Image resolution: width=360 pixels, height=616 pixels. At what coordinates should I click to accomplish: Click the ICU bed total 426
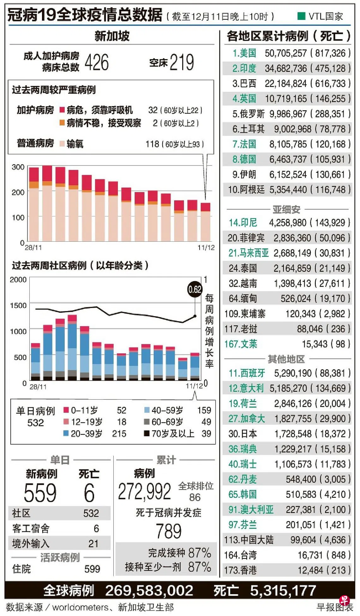click(97, 62)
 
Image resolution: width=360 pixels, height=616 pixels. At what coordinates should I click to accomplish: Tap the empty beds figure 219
click(182, 62)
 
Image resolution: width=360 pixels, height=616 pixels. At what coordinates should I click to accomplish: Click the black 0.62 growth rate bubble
click(195, 289)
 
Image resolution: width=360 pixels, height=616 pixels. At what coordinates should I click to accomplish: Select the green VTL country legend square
click(301, 16)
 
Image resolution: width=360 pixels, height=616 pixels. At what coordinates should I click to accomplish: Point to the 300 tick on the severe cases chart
click(18, 167)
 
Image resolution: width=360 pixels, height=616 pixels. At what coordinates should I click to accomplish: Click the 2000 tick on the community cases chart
click(18, 280)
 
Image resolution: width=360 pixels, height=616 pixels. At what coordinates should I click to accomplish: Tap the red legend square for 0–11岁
click(66, 410)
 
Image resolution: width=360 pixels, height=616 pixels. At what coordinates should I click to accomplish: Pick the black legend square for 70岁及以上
click(147, 433)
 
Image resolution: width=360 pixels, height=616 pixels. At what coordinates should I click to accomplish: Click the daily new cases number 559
click(40, 493)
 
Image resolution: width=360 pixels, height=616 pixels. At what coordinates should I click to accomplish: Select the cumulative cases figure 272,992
click(144, 492)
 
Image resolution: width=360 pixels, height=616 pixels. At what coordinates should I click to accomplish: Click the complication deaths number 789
click(169, 531)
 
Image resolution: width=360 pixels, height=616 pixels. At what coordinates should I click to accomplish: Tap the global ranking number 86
click(195, 498)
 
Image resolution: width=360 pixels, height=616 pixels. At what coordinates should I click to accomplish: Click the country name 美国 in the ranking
click(248, 53)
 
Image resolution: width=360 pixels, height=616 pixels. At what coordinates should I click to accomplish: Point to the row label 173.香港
click(240, 570)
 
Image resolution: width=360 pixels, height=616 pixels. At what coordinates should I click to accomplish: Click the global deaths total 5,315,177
click(283, 591)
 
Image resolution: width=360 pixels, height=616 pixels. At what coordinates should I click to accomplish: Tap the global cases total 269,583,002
click(149, 591)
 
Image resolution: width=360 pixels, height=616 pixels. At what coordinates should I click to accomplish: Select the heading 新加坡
click(112, 36)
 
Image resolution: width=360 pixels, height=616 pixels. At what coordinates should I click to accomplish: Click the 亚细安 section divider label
click(286, 209)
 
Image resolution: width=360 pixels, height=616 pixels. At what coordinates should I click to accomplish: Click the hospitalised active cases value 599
click(92, 569)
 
